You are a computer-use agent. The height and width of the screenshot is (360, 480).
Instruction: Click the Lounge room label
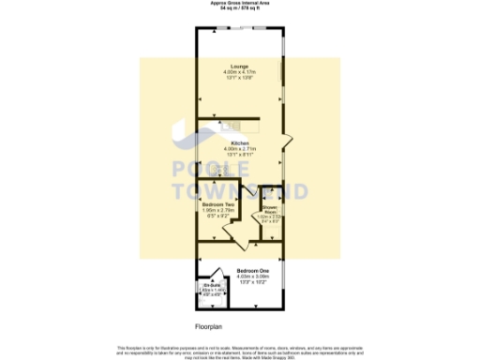pyautogui.click(x=240, y=66)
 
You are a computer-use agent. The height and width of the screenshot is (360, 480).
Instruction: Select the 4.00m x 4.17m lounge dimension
pyautogui.click(x=240, y=72)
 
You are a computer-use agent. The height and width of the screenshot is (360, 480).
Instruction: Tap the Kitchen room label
pyautogui.click(x=240, y=143)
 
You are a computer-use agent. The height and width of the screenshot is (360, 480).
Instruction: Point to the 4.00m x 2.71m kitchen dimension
pyautogui.click(x=240, y=149)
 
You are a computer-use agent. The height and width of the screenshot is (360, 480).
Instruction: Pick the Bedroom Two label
pyautogui.click(x=217, y=203)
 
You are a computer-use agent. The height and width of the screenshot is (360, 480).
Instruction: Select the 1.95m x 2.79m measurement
pyautogui.click(x=217, y=210)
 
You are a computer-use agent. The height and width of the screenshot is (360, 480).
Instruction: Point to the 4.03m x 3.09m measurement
pyautogui.click(x=240, y=277)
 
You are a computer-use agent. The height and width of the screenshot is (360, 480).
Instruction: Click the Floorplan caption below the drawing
pyautogui.click(x=207, y=327)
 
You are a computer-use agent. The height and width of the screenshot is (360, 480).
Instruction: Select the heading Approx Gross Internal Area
pyautogui.click(x=240, y=3)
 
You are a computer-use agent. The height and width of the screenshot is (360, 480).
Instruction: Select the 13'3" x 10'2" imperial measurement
pyautogui.click(x=240, y=282)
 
